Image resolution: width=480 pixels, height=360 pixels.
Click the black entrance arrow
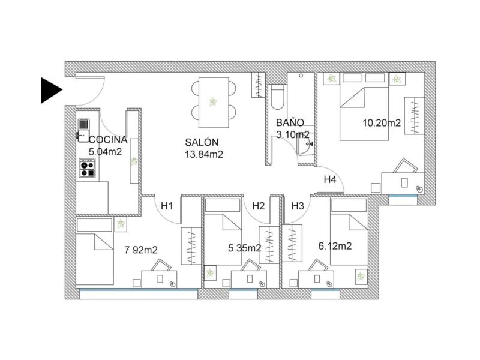(x=52, y=91)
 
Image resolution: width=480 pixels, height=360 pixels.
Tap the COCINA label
(x=108, y=140)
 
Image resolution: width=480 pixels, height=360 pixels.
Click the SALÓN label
(x=202, y=142)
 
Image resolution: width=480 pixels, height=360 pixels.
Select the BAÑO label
(x=290, y=123)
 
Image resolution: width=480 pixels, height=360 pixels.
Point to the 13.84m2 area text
(x=204, y=155)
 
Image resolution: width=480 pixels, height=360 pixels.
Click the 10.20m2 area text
(x=382, y=123)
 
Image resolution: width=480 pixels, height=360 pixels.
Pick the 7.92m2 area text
(x=141, y=250)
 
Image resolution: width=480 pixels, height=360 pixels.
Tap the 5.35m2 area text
(x=245, y=248)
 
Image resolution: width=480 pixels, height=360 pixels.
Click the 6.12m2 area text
(x=335, y=246)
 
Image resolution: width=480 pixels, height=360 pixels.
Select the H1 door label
(x=167, y=206)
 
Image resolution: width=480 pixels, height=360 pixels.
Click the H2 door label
(x=259, y=206)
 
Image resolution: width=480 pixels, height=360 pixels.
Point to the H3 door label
(x=298, y=206)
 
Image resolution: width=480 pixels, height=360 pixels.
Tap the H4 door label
(x=330, y=179)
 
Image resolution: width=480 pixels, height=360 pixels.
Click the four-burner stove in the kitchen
(x=87, y=168)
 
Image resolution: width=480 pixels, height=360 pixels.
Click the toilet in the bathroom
(x=278, y=97)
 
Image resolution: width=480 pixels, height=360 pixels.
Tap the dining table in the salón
(x=214, y=103)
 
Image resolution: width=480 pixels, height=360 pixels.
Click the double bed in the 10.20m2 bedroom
(x=364, y=107)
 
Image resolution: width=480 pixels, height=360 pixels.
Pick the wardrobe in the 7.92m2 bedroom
(x=191, y=246)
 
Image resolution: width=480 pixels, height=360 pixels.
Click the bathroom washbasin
(x=305, y=146)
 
